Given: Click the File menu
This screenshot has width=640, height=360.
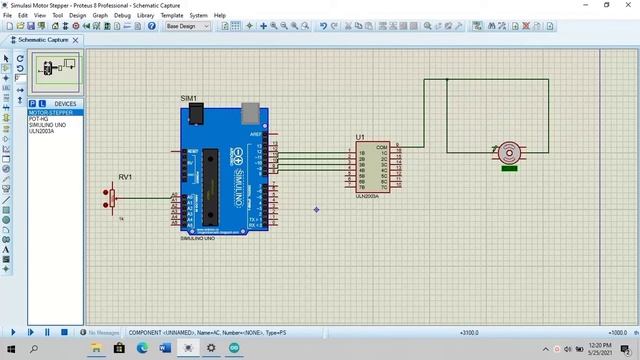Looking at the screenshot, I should [x=9, y=16].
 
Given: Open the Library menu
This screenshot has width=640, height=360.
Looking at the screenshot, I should [x=145, y=16].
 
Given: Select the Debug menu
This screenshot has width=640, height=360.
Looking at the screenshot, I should [x=122, y=16].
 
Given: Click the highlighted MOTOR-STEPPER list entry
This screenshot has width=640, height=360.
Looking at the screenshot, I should [x=50, y=113].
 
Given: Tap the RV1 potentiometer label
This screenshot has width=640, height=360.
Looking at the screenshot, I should [x=125, y=177].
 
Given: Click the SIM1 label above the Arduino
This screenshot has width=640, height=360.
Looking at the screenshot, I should [x=188, y=98].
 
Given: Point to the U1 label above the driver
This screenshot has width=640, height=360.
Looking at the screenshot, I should [x=361, y=137].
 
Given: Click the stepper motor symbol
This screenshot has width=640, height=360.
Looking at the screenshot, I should [x=510, y=153].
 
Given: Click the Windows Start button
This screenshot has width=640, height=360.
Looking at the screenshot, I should [x=9, y=348].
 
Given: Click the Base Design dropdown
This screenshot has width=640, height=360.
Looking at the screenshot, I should [x=187, y=27].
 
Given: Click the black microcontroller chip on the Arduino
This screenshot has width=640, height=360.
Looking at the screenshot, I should [x=210, y=180].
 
